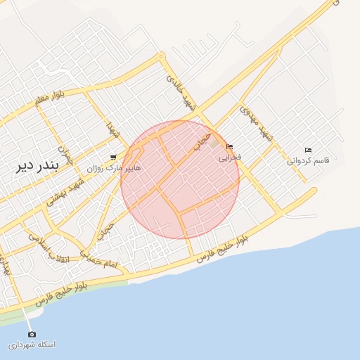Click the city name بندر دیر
(38, 168)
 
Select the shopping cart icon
(113, 157)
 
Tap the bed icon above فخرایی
(229, 146)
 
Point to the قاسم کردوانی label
(308, 161)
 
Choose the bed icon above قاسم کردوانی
(308, 150)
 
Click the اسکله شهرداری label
(32, 345)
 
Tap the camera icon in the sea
(32, 333)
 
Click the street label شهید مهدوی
(256, 124)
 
